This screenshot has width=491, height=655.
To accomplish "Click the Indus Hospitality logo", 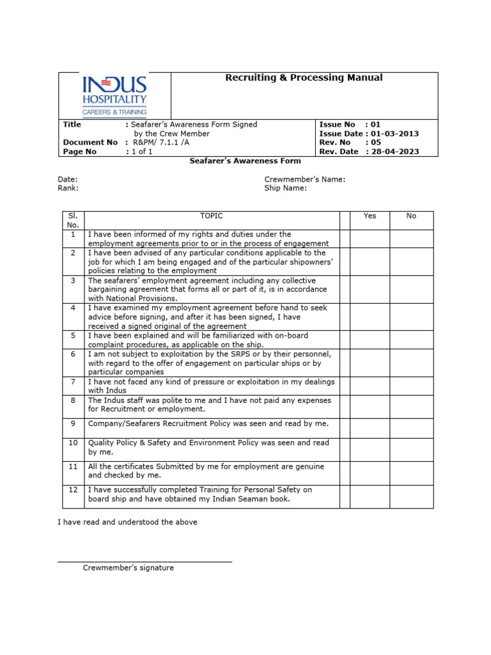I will pos(114,95).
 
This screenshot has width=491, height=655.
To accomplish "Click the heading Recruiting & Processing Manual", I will pos(304,77).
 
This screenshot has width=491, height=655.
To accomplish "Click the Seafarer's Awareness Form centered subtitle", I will pos(245,161).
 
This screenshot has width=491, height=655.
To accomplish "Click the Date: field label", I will pos(68,180).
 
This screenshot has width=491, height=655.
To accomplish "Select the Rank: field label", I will pos(68,189).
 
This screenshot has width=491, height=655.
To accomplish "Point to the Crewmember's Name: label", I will pos(305,180).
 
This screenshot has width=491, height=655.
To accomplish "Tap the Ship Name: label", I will pos(286,189).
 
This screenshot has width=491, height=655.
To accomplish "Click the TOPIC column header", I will pos(212,216).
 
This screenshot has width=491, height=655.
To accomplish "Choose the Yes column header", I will pos(370,216).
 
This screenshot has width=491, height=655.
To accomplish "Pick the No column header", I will pos(411,216).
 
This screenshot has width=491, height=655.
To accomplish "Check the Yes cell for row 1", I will pos(370,239).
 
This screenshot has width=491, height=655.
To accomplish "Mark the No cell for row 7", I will pos(411,386).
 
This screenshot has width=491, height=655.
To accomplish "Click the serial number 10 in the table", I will pos(73,443).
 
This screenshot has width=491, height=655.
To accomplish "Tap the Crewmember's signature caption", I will pos(128,568).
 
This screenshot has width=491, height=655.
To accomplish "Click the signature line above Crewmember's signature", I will pos(144,562).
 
